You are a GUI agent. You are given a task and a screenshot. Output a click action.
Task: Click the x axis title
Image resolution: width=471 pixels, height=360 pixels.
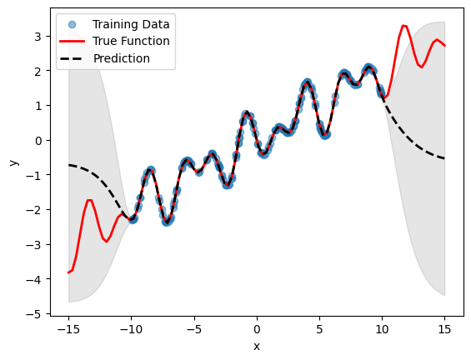tap(257, 345)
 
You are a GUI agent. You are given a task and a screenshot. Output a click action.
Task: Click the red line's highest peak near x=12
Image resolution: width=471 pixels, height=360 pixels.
tap(404, 26)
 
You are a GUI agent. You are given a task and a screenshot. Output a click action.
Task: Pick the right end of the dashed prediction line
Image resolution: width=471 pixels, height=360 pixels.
tap(445, 158)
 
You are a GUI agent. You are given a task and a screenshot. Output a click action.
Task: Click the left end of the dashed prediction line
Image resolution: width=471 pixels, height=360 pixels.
tap(68, 165)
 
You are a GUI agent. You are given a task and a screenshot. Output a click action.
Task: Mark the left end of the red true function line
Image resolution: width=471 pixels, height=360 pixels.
tap(68, 272)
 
